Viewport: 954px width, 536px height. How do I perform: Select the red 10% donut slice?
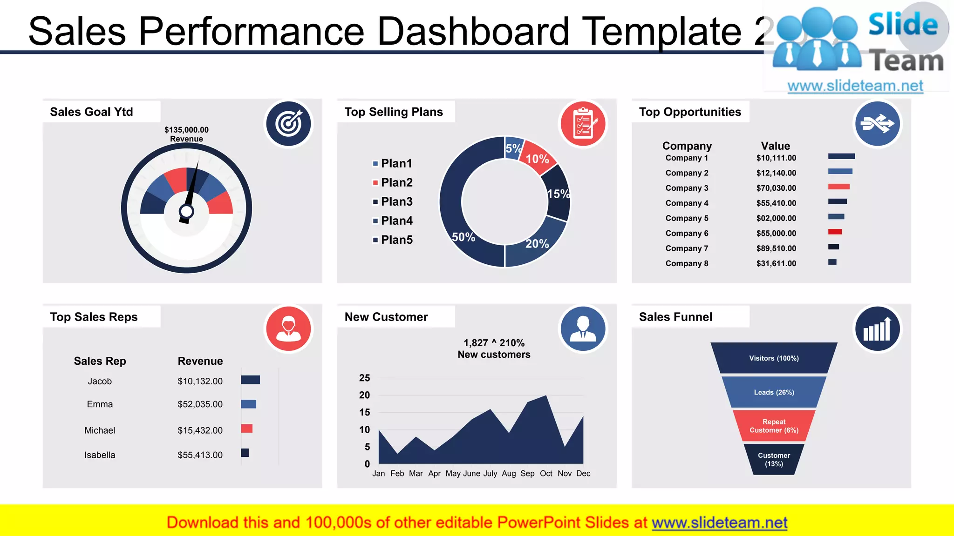pos(537,157)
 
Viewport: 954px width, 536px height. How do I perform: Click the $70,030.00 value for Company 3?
pos(776,188)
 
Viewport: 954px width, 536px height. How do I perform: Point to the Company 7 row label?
pos(687,248)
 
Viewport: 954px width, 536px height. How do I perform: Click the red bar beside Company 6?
pos(835,232)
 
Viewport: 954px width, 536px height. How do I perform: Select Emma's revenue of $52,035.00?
pos(200,404)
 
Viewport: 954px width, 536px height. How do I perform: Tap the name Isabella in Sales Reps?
pos(100,455)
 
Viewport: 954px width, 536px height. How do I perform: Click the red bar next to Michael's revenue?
pos(246,429)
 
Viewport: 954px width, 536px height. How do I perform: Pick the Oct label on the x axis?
pos(546,474)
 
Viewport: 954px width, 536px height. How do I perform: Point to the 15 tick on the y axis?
pos(364,412)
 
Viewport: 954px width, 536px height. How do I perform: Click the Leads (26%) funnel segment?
pos(774,392)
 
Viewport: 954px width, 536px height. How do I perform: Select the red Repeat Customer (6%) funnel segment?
pos(774,426)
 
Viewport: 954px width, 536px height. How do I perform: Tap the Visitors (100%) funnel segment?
pos(774,358)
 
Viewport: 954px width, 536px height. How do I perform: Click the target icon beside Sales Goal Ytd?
pos(288,124)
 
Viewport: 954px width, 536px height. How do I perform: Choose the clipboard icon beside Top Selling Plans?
pos(583,124)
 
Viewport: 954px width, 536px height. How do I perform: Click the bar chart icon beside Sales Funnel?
pos(877,329)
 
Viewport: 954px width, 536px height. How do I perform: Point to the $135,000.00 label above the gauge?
pos(186,130)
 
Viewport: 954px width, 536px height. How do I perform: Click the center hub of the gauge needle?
pos(186,212)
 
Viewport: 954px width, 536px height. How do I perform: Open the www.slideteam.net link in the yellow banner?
pos(719,523)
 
